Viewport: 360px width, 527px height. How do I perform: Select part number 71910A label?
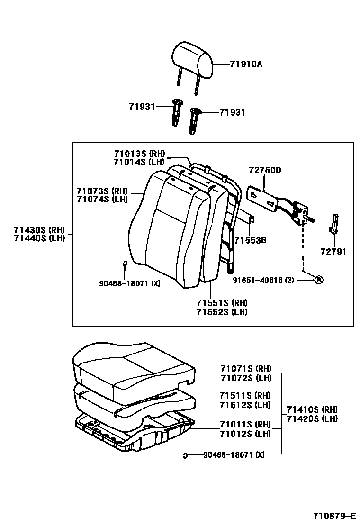tap(246, 64)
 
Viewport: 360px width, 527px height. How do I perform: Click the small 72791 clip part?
tap(334, 224)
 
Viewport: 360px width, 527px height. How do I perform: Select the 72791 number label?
tap(333, 252)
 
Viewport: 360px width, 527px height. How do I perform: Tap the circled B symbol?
tap(319, 280)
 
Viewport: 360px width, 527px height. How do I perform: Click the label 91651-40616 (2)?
tap(263, 280)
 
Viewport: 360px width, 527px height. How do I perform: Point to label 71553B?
tap(251, 240)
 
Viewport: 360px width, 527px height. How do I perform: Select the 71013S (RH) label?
tap(139, 154)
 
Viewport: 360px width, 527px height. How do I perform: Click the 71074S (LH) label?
tap(102, 199)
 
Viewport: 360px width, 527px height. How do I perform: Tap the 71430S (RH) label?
tap(36, 230)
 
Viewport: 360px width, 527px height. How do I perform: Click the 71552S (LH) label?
tap(222, 312)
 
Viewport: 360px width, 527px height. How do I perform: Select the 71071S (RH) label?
tap(245, 368)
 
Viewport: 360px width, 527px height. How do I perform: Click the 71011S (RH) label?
tap(245, 424)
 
